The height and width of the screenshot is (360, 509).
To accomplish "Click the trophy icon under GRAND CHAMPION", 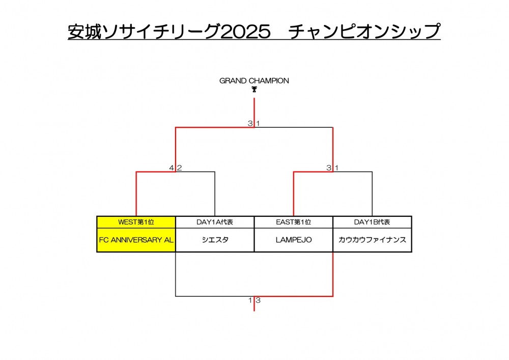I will pyautogui.click(x=254, y=90).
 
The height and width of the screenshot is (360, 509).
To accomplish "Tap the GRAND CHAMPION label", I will pyautogui.click(x=254, y=80).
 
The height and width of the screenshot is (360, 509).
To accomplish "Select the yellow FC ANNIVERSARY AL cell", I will pyautogui.click(x=136, y=240).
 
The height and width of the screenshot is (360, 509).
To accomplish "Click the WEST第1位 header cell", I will pyautogui.click(x=136, y=222).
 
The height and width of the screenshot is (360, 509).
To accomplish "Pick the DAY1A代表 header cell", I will pyautogui.click(x=215, y=222).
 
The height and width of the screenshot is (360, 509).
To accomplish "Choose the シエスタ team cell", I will pyautogui.click(x=215, y=240).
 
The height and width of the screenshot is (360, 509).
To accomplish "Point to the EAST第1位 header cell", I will pyautogui.click(x=293, y=222).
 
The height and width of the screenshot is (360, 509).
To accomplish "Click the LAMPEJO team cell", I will pyautogui.click(x=293, y=240).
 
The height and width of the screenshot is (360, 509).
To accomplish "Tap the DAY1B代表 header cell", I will pyautogui.click(x=372, y=222).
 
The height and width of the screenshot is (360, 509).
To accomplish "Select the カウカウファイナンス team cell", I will pyautogui.click(x=372, y=240).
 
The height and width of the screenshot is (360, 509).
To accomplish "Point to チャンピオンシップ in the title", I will pyautogui.click(x=364, y=32).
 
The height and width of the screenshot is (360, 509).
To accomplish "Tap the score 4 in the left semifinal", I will pyautogui.click(x=172, y=168).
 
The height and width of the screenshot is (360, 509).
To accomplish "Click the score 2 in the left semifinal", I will pyautogui.click(x=179, y=168).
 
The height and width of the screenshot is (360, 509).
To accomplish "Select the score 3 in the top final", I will pyautogui.click(x=250, y=123).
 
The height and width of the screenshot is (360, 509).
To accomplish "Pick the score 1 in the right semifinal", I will pyautogui.click(x=336, y=168).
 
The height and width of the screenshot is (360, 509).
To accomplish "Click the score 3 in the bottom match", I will pyautogui.click(x=258, y=300).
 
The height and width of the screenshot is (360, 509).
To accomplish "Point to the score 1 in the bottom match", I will pyautogui.click(x=250, y=300).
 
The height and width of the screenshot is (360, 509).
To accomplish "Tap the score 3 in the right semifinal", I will pyautogui.click(x=329, y=168).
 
